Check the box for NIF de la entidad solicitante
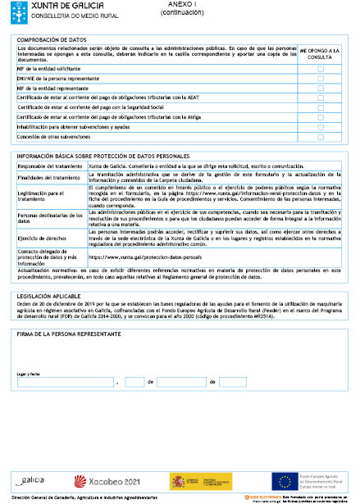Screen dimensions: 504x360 321,69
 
